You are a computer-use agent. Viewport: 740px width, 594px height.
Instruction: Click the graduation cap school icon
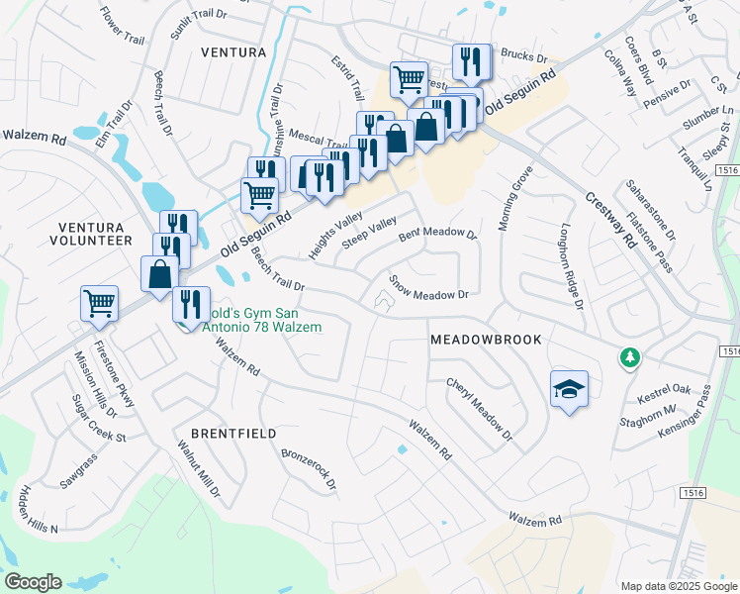tap(570, 389)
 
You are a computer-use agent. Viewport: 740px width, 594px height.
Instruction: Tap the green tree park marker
tap(627, 357)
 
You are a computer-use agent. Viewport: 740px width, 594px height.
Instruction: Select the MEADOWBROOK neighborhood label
tap(486, 340)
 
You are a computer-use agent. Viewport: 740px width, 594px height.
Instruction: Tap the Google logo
tap(34, 582)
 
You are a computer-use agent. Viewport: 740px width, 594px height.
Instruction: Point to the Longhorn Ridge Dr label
tap(571, 265)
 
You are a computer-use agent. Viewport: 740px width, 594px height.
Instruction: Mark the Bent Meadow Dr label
tap(437, 236)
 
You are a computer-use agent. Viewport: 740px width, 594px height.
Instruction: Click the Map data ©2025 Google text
tap(677, 585)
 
